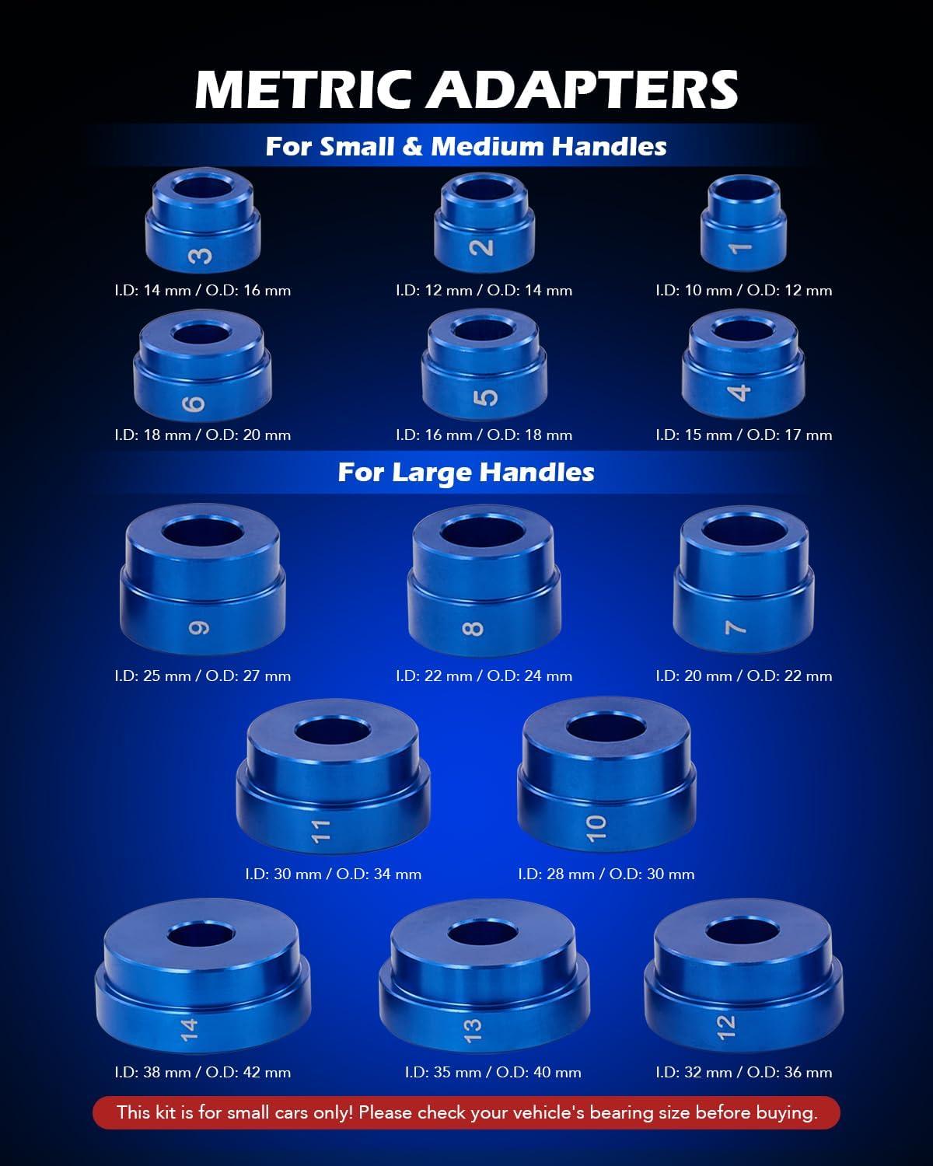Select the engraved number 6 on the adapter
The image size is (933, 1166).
(194, 403)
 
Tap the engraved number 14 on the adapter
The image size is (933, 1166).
(189, 1030)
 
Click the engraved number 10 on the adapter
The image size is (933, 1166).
(596, 829)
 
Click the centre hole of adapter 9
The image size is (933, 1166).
(202, 532)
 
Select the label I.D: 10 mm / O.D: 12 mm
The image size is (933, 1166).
(744, 291)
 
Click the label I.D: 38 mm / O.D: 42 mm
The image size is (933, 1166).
(203, 1072)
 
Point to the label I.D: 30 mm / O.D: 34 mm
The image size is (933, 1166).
(334, 874)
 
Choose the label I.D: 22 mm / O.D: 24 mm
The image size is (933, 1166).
(484, 676)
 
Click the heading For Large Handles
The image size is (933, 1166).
(466, 472)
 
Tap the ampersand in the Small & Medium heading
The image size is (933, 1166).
(413, 146)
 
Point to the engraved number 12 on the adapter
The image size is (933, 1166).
(726, 1027)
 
